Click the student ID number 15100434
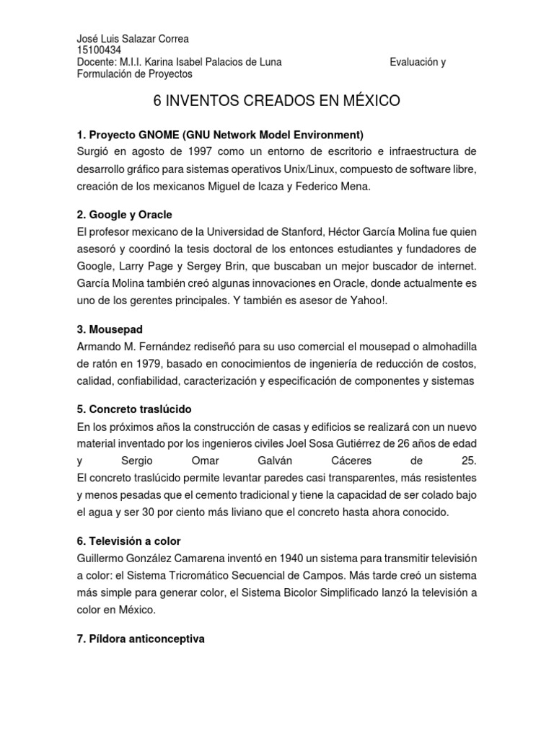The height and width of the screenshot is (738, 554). click(x=99, y=50)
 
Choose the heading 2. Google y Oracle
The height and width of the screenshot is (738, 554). click(x=125, y=215)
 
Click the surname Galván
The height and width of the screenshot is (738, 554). click(x=269, y=461)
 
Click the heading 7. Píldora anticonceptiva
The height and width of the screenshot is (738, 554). click(x=141, y=638)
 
